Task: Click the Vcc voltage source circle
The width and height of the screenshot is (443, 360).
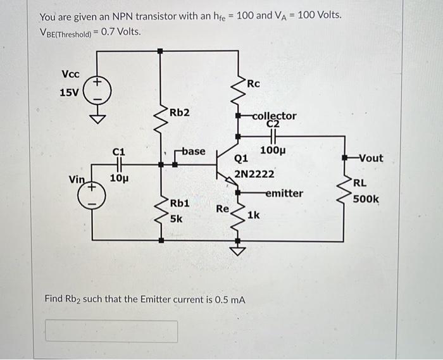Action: click(x=98, y=92)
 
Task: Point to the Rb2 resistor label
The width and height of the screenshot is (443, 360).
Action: click(x=179, y=113)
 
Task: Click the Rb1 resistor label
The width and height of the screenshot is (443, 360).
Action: click(x=179, y=204)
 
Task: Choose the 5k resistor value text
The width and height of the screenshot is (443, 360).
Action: click(x=176, y=219)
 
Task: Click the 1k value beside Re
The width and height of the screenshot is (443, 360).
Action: click(x=254, y=215)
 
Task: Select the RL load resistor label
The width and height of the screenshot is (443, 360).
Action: click(x=360, y=183)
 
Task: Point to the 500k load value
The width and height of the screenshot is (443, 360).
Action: click(x=366, y=199)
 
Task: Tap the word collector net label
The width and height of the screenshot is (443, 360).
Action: click(x=274, y=116)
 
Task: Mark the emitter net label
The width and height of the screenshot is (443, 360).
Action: click(x=284, y=193)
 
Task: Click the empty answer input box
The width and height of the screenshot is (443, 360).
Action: click(x=111, y=331)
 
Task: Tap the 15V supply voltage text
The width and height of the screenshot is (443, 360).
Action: click(x=70, y=92)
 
